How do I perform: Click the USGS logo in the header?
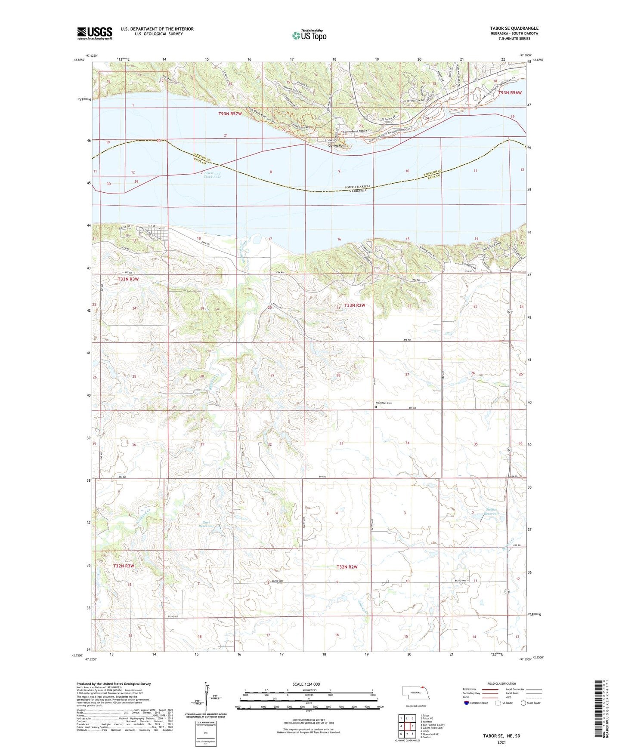point(95,33)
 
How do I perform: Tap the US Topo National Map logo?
point(309,35)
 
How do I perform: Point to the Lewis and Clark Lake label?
point(212,175)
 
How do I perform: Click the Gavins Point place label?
point(337,146)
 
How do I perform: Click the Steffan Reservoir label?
point(492,512)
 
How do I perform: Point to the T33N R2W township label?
point(355,305)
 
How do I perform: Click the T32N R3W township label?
point(124,566)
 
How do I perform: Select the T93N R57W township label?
point(230,114)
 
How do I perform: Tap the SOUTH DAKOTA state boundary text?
point(357,187)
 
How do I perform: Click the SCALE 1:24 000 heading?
point(306,684)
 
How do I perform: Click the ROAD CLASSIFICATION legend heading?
point(501,683)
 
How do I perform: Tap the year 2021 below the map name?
point(501,742)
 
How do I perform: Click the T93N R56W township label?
point(510,93)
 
